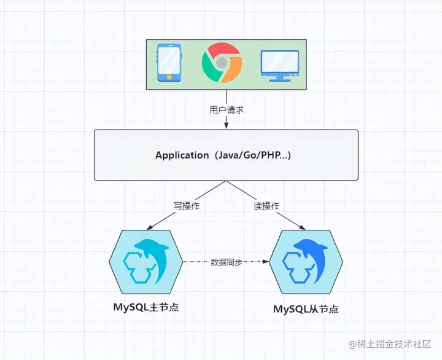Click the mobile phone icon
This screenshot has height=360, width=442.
(x=169, y=62)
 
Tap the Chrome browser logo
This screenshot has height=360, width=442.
(x=222, y=62)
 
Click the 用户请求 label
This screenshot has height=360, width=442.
(x=226, y=111)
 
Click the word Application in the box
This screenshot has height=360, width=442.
(x=182, y=155)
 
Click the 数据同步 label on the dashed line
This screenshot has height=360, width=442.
(x=227, y=262)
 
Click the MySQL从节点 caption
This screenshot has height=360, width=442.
(x=305, y=309)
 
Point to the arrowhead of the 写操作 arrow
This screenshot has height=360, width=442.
(x=149, y=228)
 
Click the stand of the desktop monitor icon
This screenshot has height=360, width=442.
(x=279, y=78)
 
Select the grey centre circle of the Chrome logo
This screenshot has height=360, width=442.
(x=222, y=62)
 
